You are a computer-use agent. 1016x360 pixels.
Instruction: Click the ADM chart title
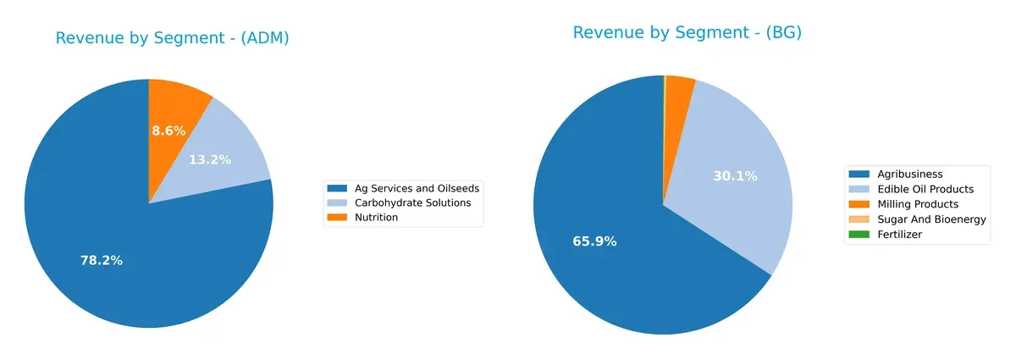(172, 38)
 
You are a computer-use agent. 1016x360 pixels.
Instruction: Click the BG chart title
(687, 33)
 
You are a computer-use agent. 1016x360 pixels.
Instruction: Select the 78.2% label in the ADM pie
(101, 261)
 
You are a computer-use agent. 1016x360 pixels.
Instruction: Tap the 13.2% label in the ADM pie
(209, 159)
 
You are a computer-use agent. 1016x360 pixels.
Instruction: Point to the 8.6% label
(168, 131)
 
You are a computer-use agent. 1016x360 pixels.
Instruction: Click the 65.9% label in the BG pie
(594, 241)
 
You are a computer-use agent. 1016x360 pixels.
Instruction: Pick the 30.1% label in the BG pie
(735, 176)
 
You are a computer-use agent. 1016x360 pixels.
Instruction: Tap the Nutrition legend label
(376, 218)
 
